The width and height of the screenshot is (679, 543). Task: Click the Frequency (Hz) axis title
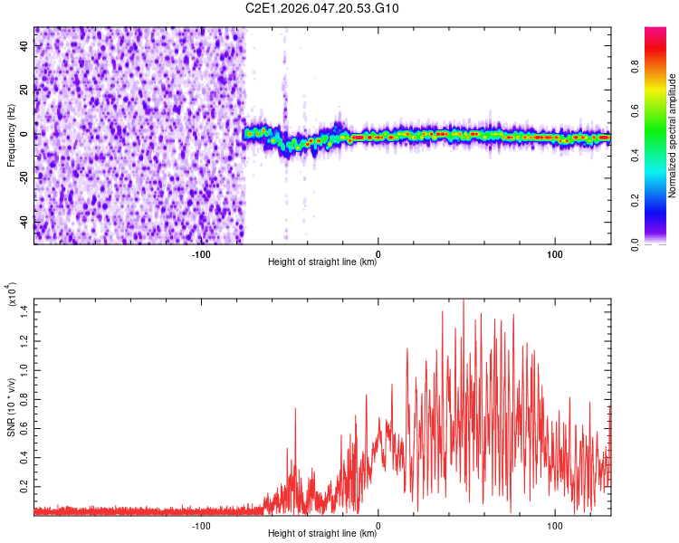11,136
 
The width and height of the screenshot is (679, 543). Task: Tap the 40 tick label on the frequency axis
24,45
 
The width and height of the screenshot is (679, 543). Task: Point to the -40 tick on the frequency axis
24,223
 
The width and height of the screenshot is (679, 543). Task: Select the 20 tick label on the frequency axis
24,90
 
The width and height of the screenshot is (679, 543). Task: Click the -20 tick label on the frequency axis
24,178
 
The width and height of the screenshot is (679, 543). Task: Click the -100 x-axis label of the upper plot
201,253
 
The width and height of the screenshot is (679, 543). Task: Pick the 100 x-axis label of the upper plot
554,253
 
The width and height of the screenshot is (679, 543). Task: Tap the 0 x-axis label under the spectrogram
378,253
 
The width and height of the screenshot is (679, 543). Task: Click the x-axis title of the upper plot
322,263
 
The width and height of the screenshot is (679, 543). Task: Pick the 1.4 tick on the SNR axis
24,310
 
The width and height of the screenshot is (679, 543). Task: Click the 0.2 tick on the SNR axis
24,486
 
